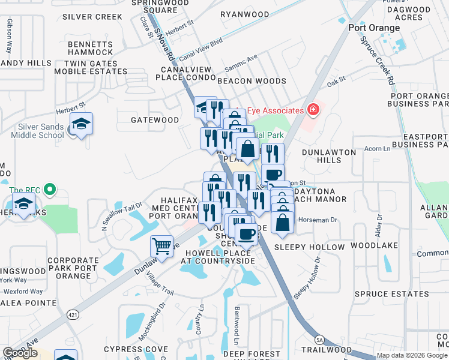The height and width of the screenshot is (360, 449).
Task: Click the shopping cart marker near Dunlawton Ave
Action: click(x=162, y=246)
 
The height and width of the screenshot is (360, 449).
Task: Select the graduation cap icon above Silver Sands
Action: click(x=81, y=124)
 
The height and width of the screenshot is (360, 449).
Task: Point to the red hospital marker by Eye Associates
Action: click(x=312, y=109)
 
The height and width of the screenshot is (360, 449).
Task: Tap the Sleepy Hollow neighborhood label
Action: click(x=309, y=247)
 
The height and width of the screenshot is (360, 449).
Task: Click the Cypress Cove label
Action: click(x=136, y=349)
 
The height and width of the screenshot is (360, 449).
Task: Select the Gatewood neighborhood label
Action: click(x=155, y=120)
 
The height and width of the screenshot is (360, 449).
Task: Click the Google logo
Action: click(x=20, y=353)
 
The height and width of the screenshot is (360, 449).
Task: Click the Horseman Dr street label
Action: click(x=318, y=220)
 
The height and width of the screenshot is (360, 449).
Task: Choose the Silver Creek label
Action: click(x=92, y=17)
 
